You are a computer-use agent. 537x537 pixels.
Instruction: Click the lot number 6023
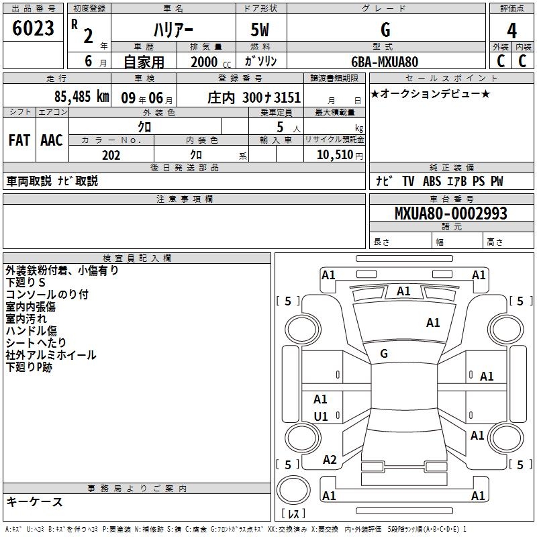click(x=33, y=29)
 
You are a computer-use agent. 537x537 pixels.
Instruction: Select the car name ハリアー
click(x=173, y=30)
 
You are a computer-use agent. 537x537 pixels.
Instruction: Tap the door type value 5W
click(x=260, y=30)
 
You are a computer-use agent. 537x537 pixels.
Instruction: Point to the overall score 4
click(x=511, y=30)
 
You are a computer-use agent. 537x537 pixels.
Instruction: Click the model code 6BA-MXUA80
click(x=385, y=62)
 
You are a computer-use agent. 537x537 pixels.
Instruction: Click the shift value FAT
click(x=19, y=140)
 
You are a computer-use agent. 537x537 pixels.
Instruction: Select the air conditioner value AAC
click(x=51, y=140)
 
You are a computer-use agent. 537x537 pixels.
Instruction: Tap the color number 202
click(x=111, y=155)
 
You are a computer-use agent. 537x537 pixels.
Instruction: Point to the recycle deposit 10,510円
click(x=335, y=155)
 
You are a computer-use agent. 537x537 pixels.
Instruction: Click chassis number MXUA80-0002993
click(x=450, y=214)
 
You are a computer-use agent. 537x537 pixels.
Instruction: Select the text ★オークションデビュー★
click(x=430, y=94)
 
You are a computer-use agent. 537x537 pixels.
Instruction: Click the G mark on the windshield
click(x=384, y=353)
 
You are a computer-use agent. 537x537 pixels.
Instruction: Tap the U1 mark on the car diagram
click(x=321, y=417)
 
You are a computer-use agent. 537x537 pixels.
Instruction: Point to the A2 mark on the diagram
click(x=330, y=460)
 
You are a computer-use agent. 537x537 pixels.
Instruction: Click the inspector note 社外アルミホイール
click(x=51, y=355)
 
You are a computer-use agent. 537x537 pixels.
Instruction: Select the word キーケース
click(x=34, y=501)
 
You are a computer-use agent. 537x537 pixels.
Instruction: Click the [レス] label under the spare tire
click(x=293, y=514)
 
